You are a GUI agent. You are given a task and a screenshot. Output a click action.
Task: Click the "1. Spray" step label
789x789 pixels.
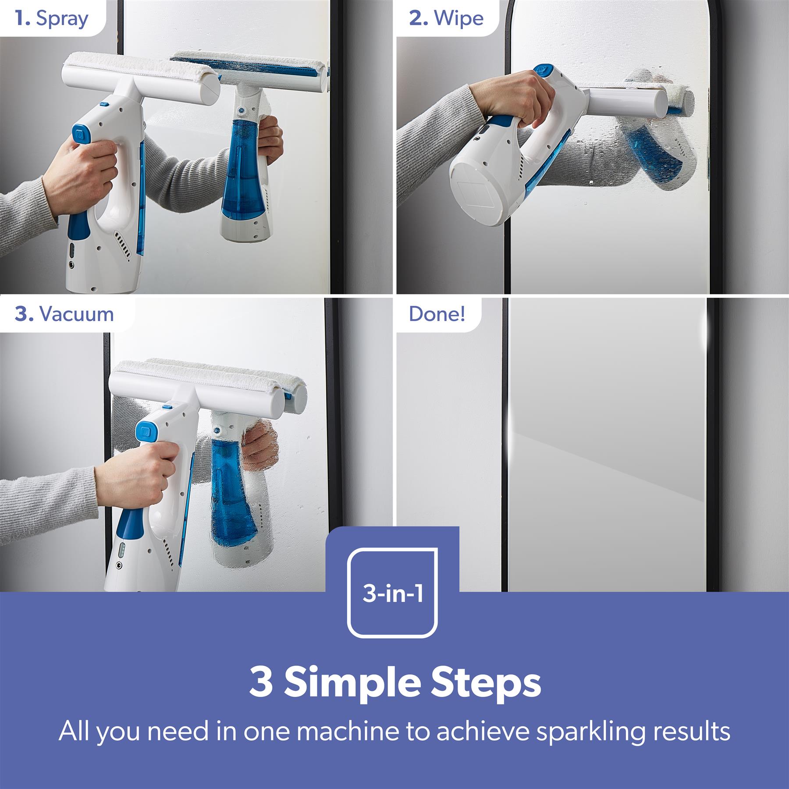pos(51,18)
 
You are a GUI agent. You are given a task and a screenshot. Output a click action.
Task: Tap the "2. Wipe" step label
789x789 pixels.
pos(446,18)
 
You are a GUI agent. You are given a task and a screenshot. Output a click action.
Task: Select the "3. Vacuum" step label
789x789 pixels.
pos(64,314)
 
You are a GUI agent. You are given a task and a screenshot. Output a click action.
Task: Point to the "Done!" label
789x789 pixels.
pos(437,314)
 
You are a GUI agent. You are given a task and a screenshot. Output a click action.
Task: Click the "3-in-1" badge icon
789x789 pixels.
pos(393,593)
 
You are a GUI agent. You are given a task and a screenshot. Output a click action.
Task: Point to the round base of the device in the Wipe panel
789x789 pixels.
pos(481,192)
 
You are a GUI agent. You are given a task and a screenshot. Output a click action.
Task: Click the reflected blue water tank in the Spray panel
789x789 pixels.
pos(241,175)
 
